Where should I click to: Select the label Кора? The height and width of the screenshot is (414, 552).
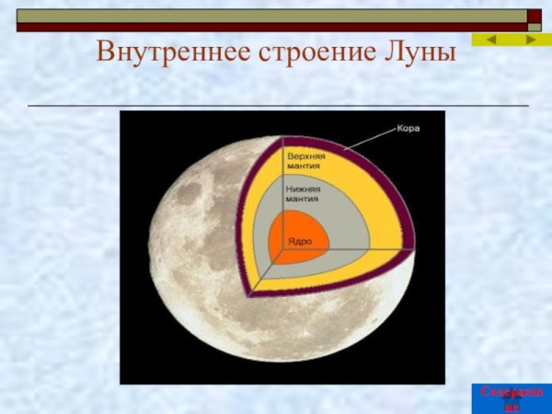(408, 128)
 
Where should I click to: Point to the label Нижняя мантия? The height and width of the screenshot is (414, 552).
(304, 193)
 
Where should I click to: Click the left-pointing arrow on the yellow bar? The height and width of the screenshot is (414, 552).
(491, 40)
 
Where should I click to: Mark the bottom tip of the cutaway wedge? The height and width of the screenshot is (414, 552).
(250, 294)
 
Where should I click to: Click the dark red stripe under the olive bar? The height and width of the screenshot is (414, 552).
(276, 28)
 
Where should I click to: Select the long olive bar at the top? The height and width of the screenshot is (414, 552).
(276, 16)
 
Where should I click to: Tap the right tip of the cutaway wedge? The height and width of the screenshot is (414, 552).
(413, 246)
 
